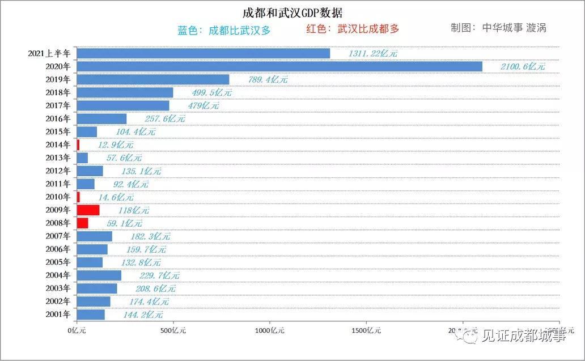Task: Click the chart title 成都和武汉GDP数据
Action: [292, 12]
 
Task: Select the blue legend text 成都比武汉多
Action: [224, 30]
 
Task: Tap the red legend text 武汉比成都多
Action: [352, 29]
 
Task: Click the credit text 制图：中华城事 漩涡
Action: [498, 28]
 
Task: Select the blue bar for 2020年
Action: [279, 66]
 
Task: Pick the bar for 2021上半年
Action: [203, 53]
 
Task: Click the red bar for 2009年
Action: [88, 210]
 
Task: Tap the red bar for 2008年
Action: [82, 223]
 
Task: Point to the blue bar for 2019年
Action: [153, 79]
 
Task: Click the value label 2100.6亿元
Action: [523, 67]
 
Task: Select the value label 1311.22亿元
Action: [372, 54]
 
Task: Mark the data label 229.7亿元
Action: [159, 275]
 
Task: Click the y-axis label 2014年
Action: [58, 145]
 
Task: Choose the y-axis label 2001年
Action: [58, 314]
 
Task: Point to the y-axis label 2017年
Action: [58, 105]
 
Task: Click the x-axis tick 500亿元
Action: [173, 330]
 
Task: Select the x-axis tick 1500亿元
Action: [366, 330]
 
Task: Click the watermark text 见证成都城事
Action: [523, 336]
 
